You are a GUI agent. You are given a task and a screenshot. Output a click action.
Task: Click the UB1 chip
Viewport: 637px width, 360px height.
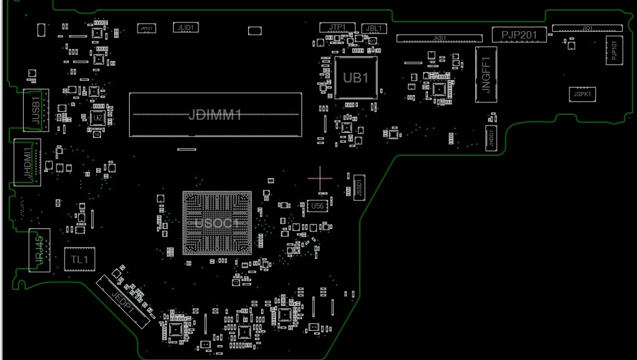356,78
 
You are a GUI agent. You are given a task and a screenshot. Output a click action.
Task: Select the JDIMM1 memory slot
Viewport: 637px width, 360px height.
215,115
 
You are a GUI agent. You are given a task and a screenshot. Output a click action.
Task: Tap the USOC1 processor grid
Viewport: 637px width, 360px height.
216,223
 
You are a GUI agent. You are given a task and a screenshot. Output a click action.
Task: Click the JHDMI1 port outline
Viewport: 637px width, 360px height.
27,163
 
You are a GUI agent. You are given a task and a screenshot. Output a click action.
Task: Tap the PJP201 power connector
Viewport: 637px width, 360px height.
519,35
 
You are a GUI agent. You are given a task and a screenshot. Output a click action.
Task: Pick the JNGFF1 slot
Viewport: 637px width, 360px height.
486,74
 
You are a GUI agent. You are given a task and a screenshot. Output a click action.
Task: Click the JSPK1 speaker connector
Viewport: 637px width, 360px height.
582,95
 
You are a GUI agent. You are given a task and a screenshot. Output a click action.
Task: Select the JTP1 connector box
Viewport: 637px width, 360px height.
337,27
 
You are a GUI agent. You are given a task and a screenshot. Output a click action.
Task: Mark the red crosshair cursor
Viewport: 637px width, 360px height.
320,179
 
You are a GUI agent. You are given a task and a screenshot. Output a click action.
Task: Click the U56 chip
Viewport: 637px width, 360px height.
317,205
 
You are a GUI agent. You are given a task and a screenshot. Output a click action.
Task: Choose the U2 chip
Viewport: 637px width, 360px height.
97,118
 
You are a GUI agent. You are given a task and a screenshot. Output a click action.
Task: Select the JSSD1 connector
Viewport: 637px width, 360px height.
359,186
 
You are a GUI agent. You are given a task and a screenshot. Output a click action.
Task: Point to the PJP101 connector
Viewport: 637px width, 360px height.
613,50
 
